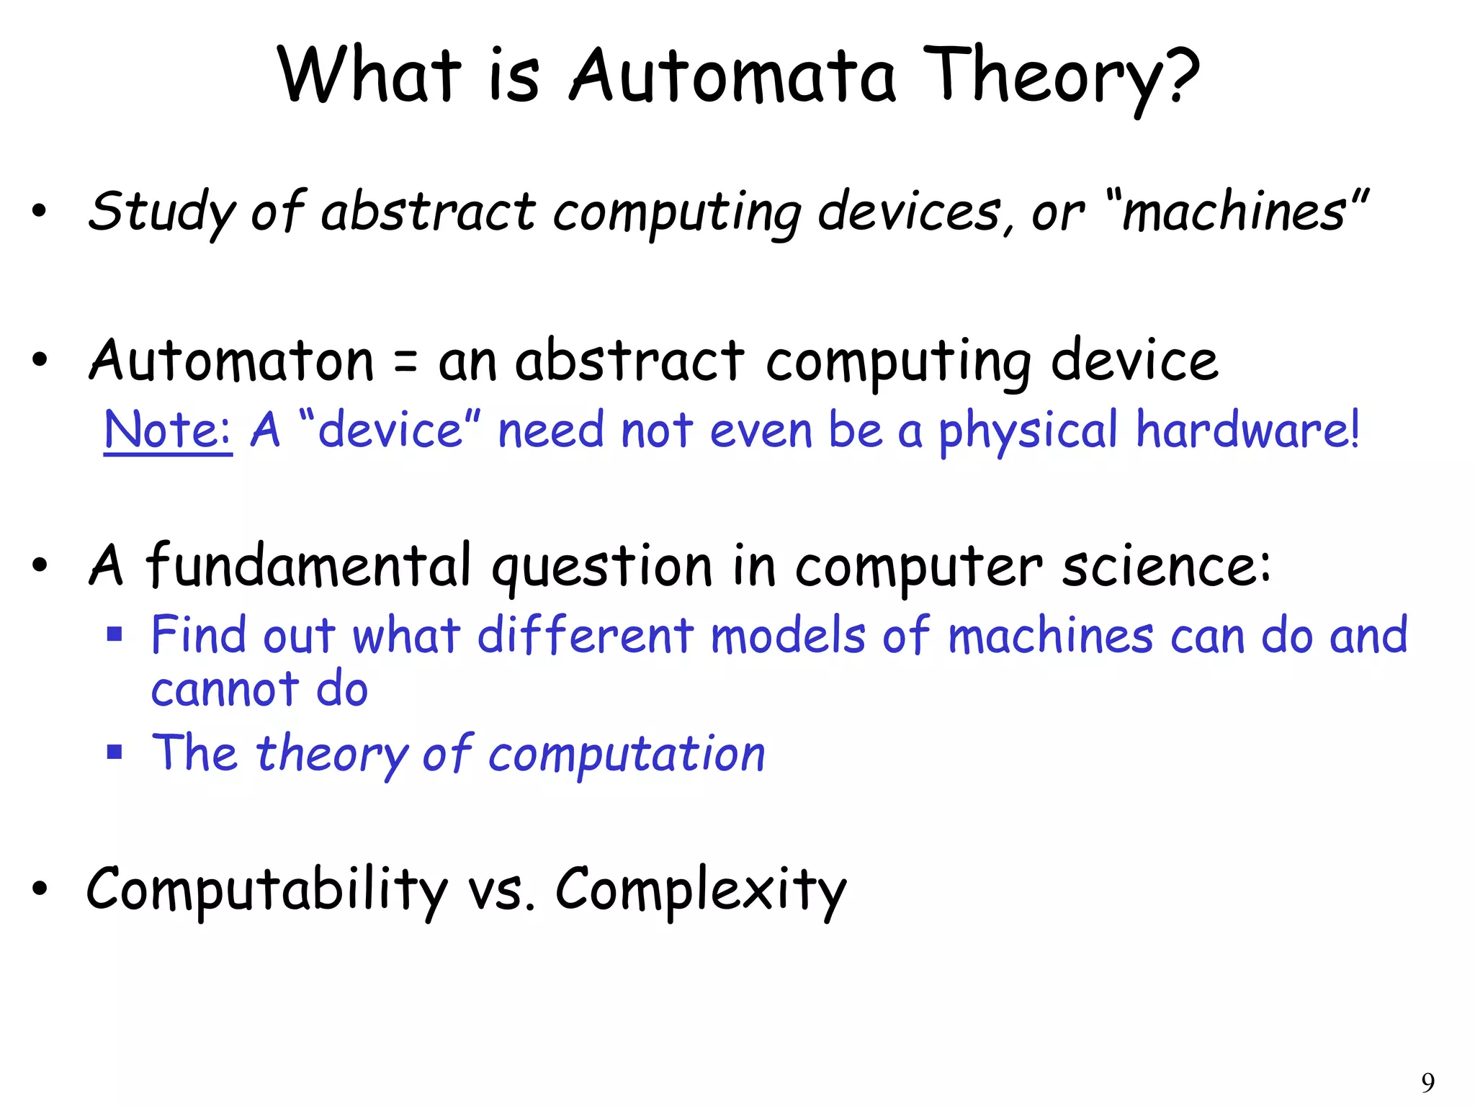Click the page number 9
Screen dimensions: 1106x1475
point(1427,1082)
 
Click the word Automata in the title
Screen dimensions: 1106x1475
point(732,76)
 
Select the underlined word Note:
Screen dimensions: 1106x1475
point(168,430)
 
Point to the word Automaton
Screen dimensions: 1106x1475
point(231,360)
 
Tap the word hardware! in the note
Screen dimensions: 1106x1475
point(1248,430)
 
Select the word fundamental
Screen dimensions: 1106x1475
point(309,565)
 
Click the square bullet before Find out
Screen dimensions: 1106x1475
point(115,634)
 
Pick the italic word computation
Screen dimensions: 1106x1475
point(627,755)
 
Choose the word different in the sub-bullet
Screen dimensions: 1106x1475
point(586,636)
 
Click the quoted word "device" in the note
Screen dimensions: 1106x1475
point(389,430)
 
